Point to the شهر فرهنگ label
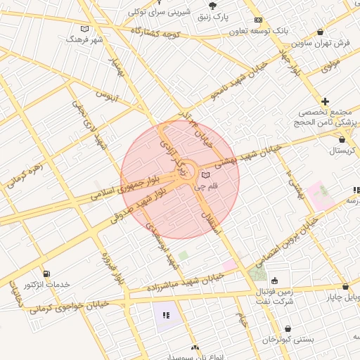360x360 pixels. coord(84,40)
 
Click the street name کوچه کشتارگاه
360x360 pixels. coord(169,34)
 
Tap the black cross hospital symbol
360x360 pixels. coord(325,102)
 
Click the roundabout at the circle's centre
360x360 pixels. coord(186,171)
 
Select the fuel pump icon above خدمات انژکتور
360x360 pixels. coord(46,273)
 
